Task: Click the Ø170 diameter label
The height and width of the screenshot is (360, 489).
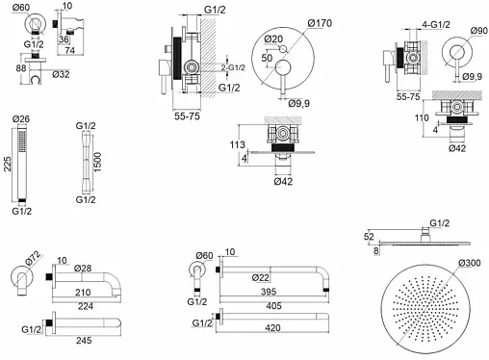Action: [320, 23]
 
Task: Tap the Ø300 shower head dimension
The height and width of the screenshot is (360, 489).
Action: [470, 263]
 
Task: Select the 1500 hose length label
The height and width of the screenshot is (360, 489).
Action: [97, 162]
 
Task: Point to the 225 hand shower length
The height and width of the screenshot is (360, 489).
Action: [7, 164]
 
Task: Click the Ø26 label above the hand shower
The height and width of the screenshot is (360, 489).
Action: [21, 118]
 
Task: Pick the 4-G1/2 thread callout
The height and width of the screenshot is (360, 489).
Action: [436, 24]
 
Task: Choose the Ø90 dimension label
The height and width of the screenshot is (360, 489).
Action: [479, 31]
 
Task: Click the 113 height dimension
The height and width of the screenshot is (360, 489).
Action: [237, 144]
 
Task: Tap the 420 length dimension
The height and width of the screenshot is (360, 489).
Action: [272, 327]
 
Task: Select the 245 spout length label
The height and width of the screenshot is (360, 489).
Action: [84, 340]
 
